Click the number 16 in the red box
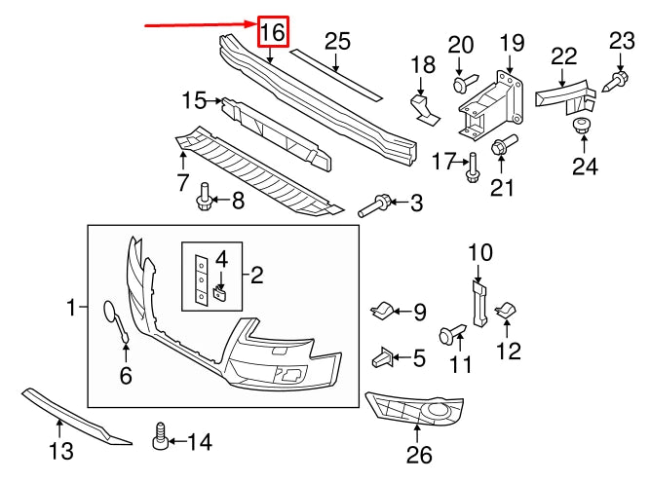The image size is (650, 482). [x=272, y=32]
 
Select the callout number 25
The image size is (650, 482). [x=336, y=41]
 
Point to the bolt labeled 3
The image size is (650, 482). [x=376, y=204]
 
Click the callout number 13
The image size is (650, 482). [x=60, y=450]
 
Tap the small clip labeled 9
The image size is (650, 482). [x=382, y=312]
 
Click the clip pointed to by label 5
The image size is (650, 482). [x=382, y=358]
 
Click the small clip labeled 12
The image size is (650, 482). [x=506, y=311]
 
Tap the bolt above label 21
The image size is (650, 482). [x=501, y=147]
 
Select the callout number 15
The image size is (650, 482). [x=194, y=99]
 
